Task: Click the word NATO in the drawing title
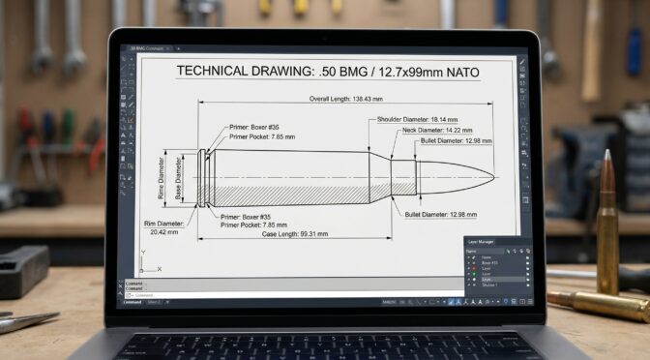[458, 72]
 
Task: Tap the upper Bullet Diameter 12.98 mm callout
[457, 141]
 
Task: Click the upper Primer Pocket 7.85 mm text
[262, 137]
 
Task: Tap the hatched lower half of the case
[290, 191]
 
